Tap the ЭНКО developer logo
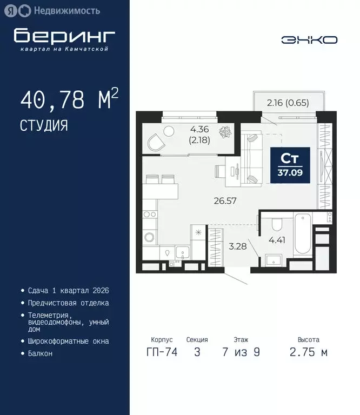click(x=309, y=40)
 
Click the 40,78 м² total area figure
click(x=69, y=101)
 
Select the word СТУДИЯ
click(x=44, y=126)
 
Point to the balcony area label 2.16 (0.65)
click(x=288, y=103)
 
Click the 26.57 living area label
click(x=224, y=201)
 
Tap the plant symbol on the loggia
click(x=228, y=131)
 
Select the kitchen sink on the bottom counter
click(x=182, y=253)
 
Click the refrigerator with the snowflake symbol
click(x=198, y=233)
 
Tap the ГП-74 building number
click(x=162, y=352)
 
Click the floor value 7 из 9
click(x=241, y=352)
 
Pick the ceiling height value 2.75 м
click(x=309, y=352)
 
